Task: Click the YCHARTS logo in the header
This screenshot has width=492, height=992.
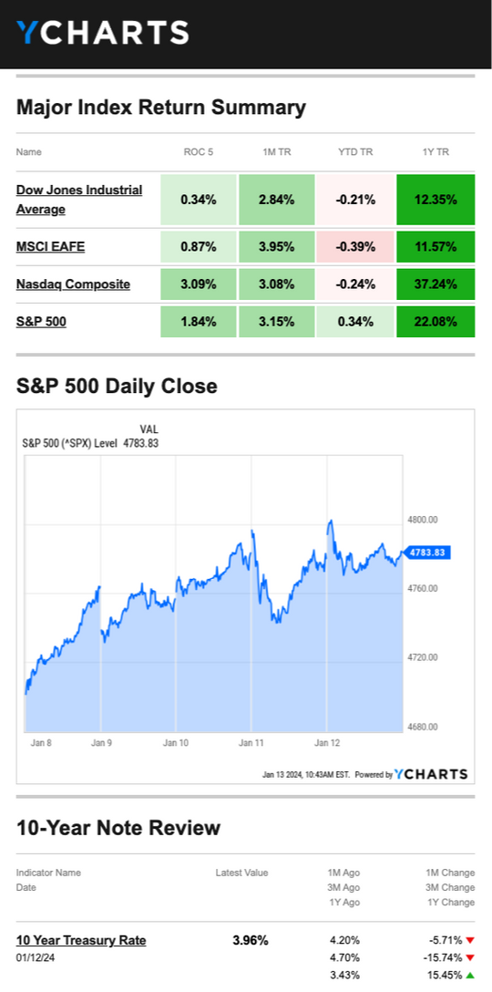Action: [x=102, y=32]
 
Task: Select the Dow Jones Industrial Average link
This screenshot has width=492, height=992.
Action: [x=79, y=200]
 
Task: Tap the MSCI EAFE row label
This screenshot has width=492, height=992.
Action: [x=50, y=247]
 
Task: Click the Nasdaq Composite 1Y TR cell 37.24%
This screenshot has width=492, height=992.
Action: [x=436, y=284]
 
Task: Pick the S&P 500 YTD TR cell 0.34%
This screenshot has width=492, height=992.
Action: [x=355, y=321]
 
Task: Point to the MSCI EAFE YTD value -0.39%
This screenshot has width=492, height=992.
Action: [x=355, y=247]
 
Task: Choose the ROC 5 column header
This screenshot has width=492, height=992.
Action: [x=198, y=152]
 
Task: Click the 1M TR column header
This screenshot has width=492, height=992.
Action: [x=276, y=152]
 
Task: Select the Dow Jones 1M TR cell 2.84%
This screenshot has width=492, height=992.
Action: [x=276, y=200]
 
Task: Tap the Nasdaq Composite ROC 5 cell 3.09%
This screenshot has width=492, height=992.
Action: [x=199, y=284]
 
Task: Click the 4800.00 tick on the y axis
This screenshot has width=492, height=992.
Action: [x=422, y=520]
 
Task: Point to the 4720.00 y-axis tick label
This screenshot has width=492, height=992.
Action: [x=422, y=657]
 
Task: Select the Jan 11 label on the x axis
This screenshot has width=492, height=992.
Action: [x=251, y=743]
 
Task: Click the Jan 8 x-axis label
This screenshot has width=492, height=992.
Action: [x=40, y=743]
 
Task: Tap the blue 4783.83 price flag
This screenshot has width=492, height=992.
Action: [x=426, y=553]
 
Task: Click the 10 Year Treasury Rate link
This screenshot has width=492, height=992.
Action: [x=81, y=940]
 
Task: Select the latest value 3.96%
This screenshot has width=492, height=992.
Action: [x=251, y=940]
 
